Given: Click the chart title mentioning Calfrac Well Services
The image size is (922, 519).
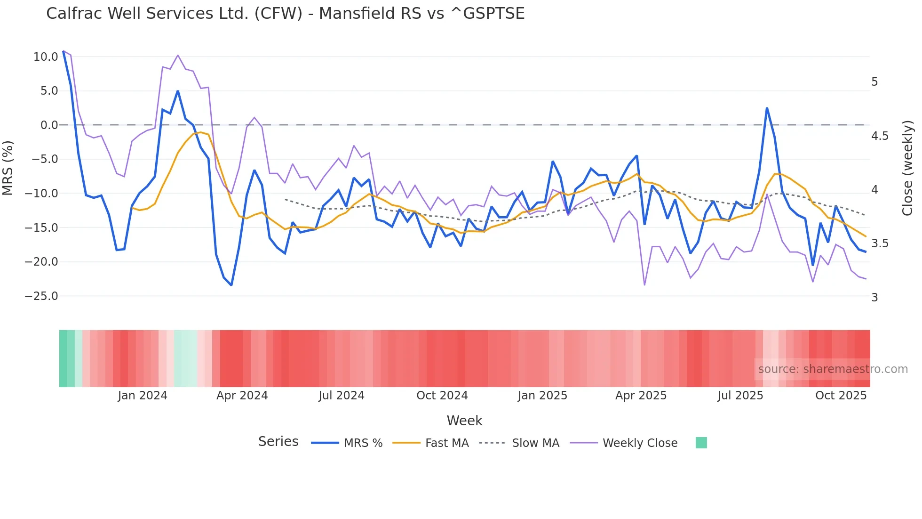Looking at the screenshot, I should tap(285, 13).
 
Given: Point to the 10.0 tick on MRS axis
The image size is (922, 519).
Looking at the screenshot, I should tap(46, 57).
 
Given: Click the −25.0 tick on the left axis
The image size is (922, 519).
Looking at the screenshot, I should tap(41, 296).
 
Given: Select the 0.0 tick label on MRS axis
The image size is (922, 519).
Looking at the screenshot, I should tap(49, 125).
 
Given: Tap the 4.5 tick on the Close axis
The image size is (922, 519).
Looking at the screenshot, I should tap(880, 136).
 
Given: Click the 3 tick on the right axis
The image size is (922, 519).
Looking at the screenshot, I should tap(874, 298).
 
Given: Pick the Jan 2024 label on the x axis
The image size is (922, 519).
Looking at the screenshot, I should tap(142, 396).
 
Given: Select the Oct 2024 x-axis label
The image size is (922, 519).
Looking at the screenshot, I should tap(442, 396).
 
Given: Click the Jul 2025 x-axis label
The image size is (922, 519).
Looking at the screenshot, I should tap(740, 396).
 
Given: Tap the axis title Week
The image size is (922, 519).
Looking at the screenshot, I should tap(464, 421).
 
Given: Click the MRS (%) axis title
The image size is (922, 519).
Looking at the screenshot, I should tap(8, 168).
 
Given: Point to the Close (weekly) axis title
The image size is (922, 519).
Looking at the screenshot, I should tap(907, 168).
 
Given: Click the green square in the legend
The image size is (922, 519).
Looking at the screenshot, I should tap(701, 443).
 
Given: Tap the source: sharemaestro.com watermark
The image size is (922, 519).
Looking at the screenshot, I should tap(833, 369).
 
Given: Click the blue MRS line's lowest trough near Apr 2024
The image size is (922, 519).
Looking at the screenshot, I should tap(231, 285).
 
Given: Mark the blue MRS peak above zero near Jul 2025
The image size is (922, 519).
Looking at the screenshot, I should tap(767, 108).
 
